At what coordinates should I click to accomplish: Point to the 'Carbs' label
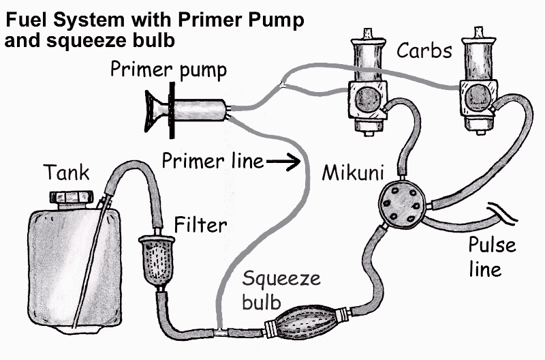pos(424,50)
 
